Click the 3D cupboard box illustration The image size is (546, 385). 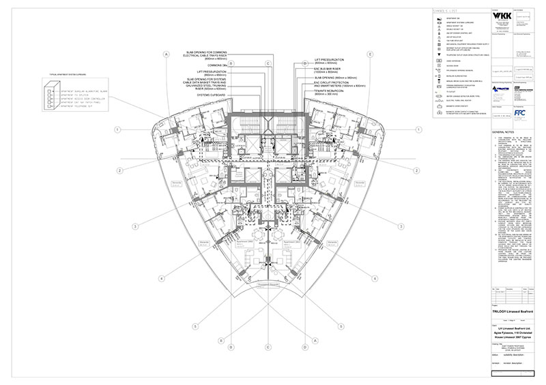[51, 95]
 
